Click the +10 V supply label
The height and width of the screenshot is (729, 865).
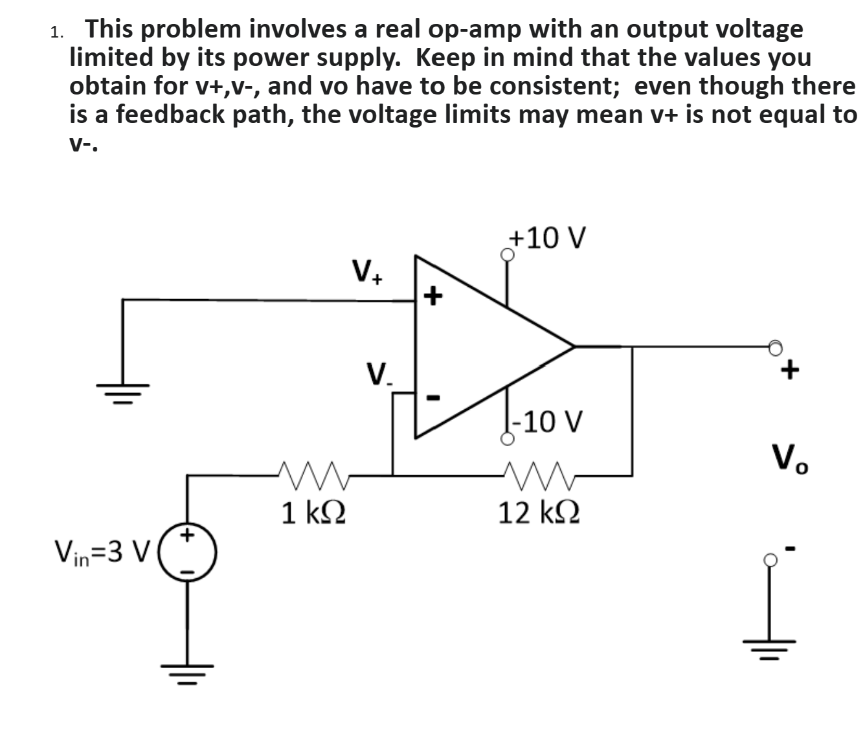pyautogui.click(x=548, y=238)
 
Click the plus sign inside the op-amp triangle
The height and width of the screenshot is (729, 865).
pyautogui.click(x=433, y=297)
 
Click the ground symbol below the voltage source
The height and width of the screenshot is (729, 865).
pyautogui.click(x=188, y=669)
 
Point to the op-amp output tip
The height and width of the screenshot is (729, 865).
pyautogui.click(x=573, y=346)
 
